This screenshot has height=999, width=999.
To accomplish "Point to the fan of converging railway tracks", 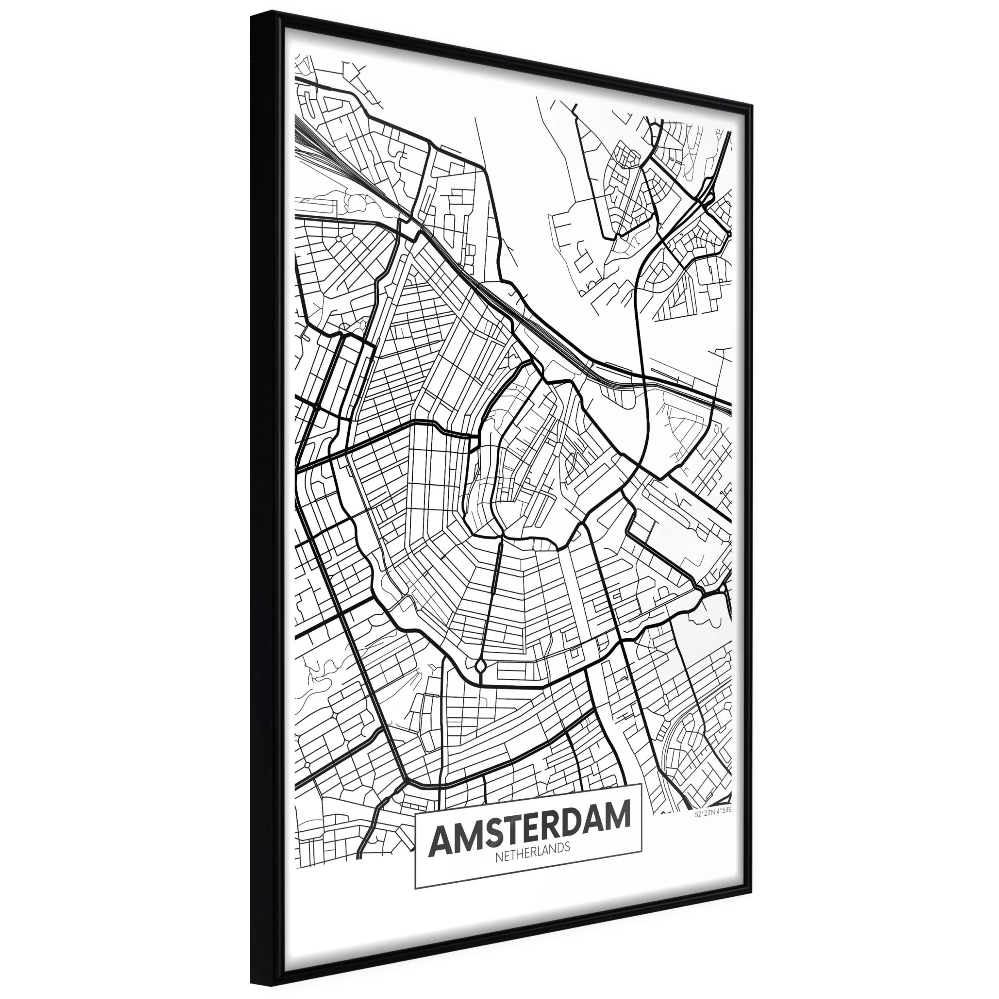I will tap(331, 155).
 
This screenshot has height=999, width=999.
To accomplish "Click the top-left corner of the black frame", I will tap(251, 16).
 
